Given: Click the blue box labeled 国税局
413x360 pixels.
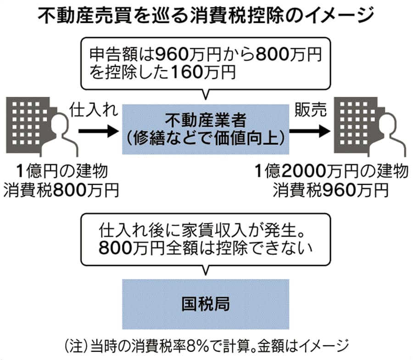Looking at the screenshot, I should coord(206,303).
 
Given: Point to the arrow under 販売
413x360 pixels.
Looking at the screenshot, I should coord(310,132).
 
